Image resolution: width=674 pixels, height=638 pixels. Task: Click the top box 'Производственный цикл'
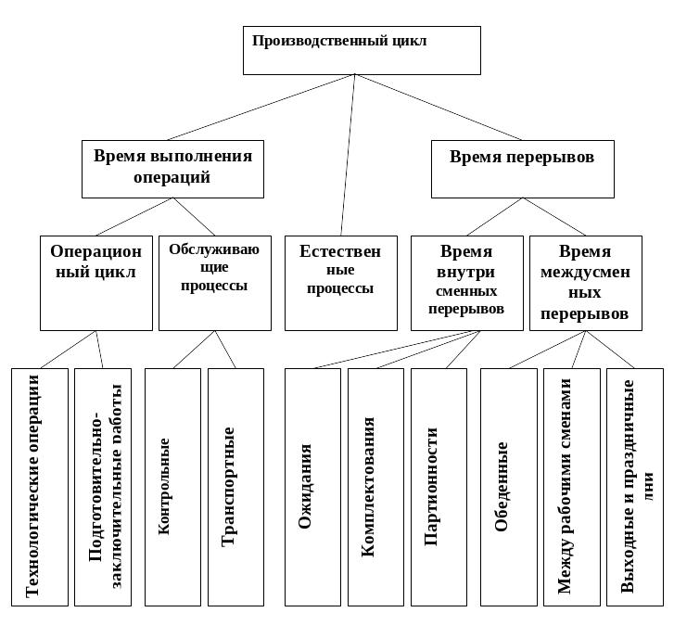point(362,50)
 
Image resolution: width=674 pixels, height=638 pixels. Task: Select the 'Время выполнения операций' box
point(172,168)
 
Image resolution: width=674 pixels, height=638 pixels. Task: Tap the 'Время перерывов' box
point(522,168)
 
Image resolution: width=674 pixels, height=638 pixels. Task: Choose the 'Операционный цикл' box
point(96,283)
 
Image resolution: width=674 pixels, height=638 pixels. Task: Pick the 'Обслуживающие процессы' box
point(215,283)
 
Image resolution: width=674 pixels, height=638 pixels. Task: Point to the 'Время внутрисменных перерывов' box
point(466,283)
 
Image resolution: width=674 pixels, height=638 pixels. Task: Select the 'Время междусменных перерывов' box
point(585,283)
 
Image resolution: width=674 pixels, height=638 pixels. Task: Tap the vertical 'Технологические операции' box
point(40,487)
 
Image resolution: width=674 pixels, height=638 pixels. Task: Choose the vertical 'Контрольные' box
point(172,487)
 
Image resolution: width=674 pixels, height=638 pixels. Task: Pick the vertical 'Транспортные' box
point(235,487)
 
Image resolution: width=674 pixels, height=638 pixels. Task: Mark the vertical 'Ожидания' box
point(312,487)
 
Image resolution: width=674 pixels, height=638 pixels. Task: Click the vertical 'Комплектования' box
point(375,487)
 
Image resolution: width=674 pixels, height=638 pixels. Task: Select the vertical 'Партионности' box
point(438,487)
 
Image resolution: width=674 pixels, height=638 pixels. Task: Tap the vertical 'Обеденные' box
point(508,487)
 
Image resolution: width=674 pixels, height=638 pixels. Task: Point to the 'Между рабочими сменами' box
point(571,487)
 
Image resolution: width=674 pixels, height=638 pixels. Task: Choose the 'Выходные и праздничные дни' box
point(634,487)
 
